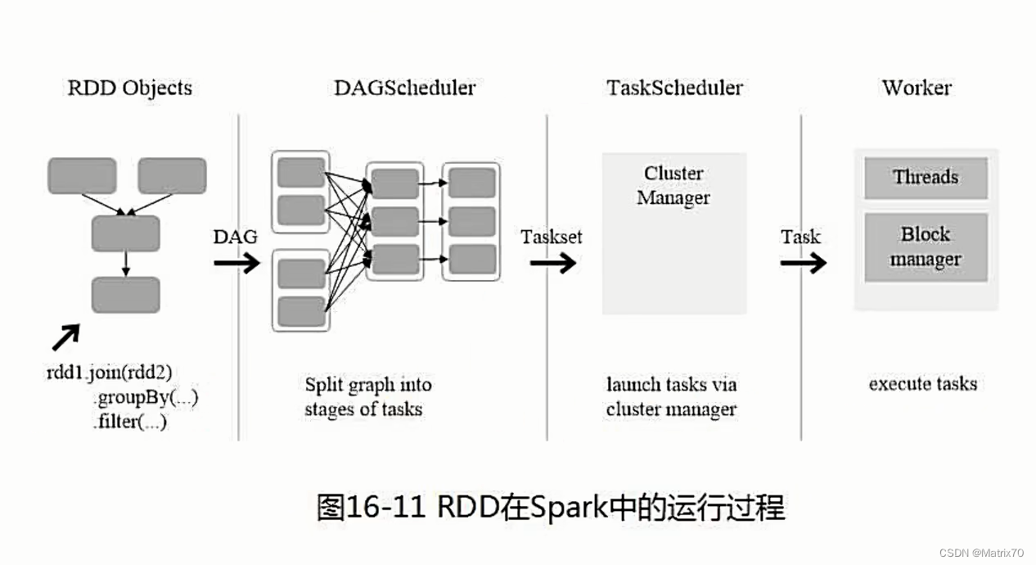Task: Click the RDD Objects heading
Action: coord(129,88)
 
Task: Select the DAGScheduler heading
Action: coord(404,88)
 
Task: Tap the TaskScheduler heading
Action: coord(674,88)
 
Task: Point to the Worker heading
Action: coord(917,88)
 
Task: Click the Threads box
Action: coord(926,178)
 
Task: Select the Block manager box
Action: coord(926,247)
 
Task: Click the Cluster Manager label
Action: coord(673,186)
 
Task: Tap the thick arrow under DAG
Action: coord(236,263)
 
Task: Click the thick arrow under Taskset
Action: coord(552,263)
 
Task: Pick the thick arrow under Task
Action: coord(802,263)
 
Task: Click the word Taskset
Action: coord(552,237)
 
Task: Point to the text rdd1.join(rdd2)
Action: coord(109,373)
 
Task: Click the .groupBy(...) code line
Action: coord(146,398)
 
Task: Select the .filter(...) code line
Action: coord(131,423)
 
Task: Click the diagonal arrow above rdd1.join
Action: coord(66,337)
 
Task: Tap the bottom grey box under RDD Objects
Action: coord(125,296)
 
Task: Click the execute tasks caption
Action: coord(922,384)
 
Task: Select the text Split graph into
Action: coord(368,384)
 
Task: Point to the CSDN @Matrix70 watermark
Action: coord(981,554)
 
